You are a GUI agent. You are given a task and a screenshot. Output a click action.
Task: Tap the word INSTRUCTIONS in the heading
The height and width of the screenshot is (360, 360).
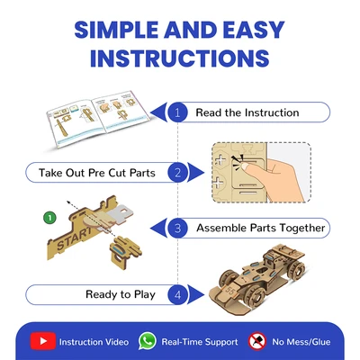(x=180, y=58)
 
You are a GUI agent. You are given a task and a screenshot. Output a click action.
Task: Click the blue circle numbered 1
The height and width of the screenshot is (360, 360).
(x=177, y=112)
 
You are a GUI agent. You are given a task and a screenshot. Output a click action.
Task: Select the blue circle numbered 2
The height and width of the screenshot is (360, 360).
(x=177, y=173)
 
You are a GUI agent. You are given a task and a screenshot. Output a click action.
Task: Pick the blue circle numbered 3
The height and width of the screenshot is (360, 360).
(x=177, y=229)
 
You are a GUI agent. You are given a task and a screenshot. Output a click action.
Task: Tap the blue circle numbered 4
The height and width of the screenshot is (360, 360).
(x=177, y=295)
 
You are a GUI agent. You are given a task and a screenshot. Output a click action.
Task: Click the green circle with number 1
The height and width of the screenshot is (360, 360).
(x=49, y=218)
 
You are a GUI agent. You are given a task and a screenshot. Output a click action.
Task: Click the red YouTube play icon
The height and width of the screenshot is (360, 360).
(x=43, y=341)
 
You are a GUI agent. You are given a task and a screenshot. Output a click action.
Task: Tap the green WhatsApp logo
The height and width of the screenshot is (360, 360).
(x=148, y=341)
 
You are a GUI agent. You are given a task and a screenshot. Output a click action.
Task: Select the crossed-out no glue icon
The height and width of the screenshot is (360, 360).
(x=257, y=341)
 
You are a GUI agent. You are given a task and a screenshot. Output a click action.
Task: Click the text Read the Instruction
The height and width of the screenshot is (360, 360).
(x=247, y=112)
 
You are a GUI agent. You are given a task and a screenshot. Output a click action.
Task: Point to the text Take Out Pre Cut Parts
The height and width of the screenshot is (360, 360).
(x=97, y=173)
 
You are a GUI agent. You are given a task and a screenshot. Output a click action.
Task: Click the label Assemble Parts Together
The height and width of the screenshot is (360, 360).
(x=261, y=228)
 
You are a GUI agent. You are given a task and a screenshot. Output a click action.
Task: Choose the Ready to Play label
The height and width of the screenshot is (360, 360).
(x=121, y=294)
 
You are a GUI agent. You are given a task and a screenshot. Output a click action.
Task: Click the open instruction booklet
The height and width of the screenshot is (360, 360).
(x=97, y=119)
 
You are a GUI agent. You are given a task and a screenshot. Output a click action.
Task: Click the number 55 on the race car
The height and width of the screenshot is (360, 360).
(x=231, y=291)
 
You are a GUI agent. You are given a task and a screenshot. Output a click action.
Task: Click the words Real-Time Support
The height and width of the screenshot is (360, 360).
(x=200, y=342)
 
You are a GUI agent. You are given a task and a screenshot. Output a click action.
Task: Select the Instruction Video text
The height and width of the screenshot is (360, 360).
(x=94, y=342)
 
